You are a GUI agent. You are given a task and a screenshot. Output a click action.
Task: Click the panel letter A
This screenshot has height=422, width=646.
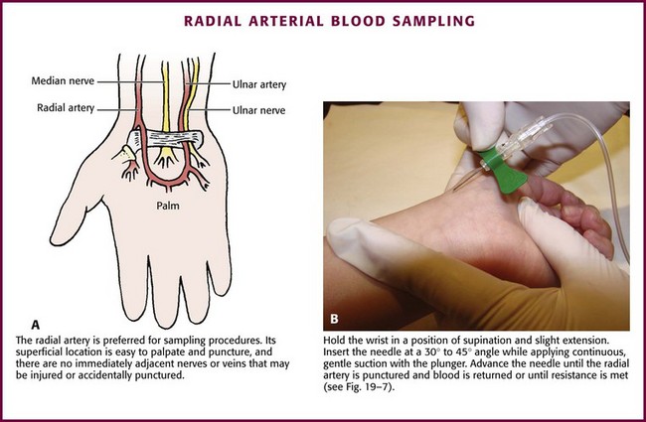coord(36,324)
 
